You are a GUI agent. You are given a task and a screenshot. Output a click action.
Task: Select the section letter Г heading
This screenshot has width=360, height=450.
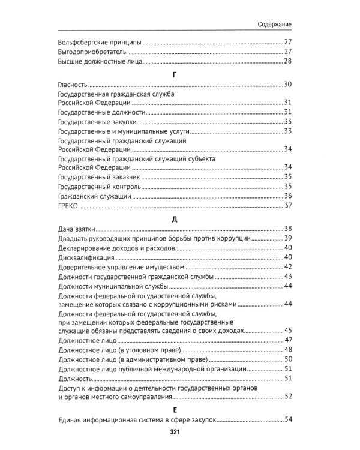click(173, 73)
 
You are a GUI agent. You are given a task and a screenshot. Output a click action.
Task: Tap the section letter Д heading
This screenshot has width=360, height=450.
click(173, 218)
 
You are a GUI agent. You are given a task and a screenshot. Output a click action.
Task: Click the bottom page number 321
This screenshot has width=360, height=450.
click(173, 432)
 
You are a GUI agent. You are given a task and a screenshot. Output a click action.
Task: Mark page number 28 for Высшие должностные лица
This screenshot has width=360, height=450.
click(287, 62)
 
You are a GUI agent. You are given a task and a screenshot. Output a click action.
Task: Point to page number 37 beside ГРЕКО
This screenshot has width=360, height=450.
click(287, 206)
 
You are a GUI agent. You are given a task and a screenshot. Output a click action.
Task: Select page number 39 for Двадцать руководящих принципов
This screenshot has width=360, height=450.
click(287, 239)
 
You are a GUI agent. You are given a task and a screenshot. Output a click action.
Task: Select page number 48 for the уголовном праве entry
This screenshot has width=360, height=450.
click(287, 350)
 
